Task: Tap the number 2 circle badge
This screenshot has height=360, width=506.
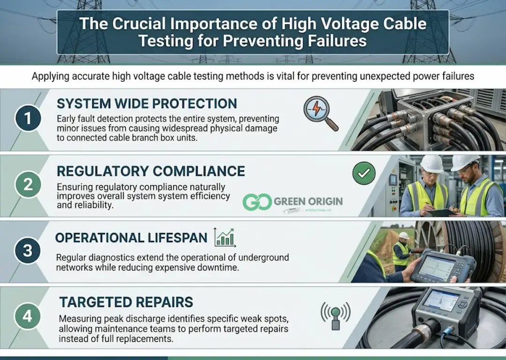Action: [28, 185]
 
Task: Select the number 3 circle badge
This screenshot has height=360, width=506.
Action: [28, 250]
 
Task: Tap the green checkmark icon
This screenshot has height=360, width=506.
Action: [364, 174]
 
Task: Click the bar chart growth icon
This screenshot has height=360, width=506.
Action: [225, 238]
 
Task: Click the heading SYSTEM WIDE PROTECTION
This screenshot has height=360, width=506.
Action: [147, 104]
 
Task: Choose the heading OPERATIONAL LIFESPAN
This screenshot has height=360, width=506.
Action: [131, 238]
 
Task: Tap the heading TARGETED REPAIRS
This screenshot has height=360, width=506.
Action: [126, 301]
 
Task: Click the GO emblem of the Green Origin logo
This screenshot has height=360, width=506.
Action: [257, 202]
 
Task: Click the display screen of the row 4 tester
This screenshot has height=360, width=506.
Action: [441, 300]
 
